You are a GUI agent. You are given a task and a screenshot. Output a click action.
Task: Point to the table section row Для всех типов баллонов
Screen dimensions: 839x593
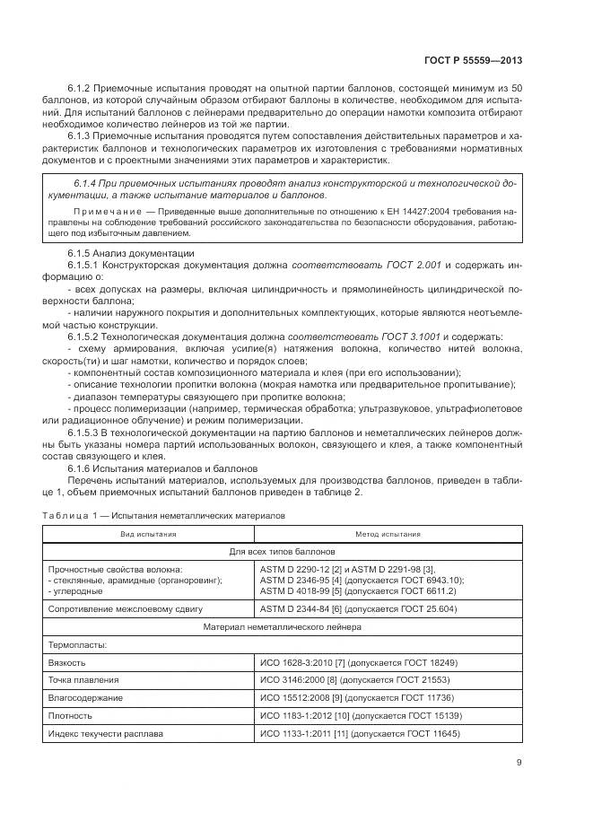coord(282,551)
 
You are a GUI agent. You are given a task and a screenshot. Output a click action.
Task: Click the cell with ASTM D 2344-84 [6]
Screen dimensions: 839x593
coord(357,608)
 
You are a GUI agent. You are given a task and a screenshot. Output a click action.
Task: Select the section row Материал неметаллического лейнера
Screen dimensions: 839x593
coord(282,627)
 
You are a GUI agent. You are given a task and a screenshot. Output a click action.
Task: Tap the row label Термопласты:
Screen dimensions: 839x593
coord(77,644)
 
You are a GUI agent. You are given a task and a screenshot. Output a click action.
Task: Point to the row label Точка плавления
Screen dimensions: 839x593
coord(86,680)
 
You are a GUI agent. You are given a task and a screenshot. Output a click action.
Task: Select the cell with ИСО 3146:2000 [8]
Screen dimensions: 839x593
coord(354,680)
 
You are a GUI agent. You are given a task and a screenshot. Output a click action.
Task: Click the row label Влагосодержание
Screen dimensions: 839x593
coord(88,697)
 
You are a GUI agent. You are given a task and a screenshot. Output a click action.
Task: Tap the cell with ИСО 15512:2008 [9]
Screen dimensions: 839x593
coord(357,697)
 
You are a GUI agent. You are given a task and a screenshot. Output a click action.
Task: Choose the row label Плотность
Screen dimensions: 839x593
coord(73,715)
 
